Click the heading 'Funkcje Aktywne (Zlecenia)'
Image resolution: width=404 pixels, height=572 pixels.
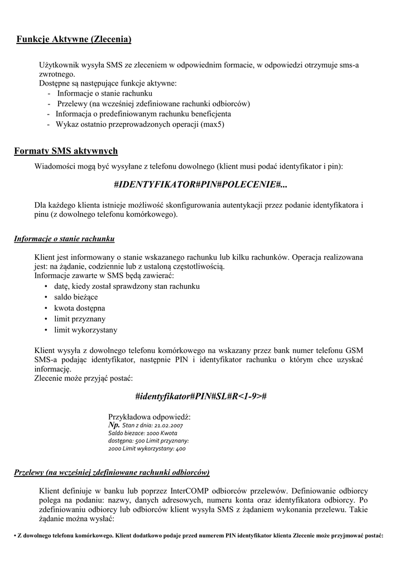74,39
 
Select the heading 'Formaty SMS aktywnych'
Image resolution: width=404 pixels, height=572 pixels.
66,151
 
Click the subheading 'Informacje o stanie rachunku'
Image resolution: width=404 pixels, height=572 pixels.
64,239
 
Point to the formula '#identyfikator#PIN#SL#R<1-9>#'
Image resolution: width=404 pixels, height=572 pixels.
200,396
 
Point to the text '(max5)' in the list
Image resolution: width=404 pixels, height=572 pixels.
213,124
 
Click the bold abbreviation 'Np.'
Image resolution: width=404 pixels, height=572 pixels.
113,425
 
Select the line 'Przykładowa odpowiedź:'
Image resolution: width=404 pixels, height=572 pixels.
149,417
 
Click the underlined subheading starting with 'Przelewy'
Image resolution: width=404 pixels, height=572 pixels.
112,473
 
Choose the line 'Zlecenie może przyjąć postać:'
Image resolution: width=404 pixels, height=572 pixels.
84,379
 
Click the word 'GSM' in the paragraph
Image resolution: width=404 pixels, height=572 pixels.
354,350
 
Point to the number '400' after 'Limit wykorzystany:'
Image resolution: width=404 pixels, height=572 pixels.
180,449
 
